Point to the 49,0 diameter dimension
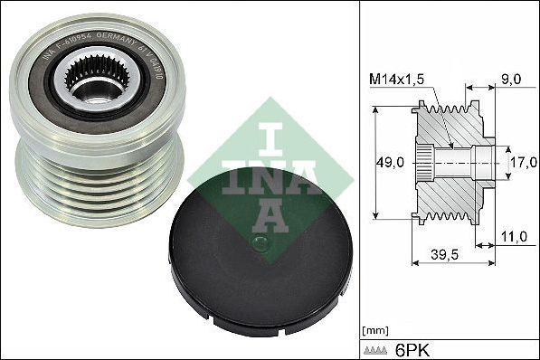390,163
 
